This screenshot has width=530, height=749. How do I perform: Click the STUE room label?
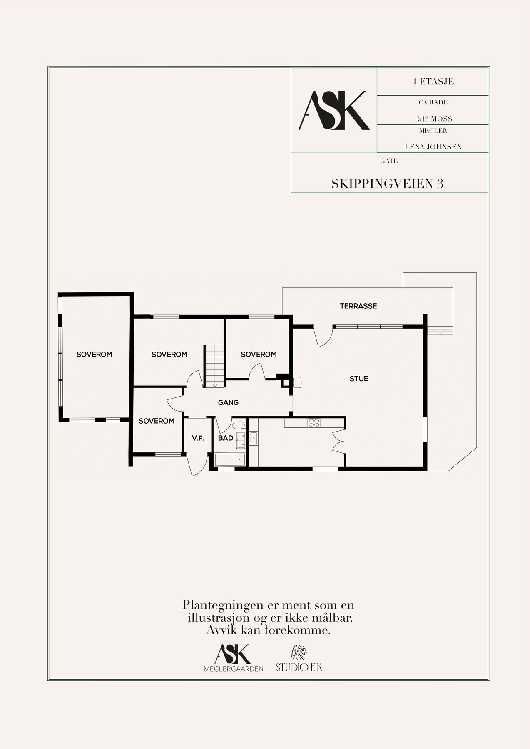click(358, 379)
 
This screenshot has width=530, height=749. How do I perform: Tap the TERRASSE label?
click(358, 306)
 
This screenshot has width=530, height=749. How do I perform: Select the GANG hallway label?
click(228, 402)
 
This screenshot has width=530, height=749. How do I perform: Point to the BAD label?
click(226, 438)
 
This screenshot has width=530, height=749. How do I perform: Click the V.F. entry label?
click(198, 438)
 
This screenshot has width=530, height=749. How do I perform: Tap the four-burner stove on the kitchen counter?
click(314, 423)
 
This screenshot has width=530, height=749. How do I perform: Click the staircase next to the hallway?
click(214, 366)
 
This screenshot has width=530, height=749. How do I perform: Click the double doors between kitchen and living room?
click(338, 441)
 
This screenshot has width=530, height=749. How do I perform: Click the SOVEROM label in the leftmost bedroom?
click(95, 355)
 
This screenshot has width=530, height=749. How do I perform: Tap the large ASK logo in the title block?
click(334, 110)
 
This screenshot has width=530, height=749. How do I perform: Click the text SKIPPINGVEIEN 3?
click(387, 184)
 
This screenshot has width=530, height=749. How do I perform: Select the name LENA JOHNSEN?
click(433, 146)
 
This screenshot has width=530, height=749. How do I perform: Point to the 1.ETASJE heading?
click(433, 82)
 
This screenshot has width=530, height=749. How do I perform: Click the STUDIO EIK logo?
click(299, 658)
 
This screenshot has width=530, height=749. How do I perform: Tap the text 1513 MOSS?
click(433, 119)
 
